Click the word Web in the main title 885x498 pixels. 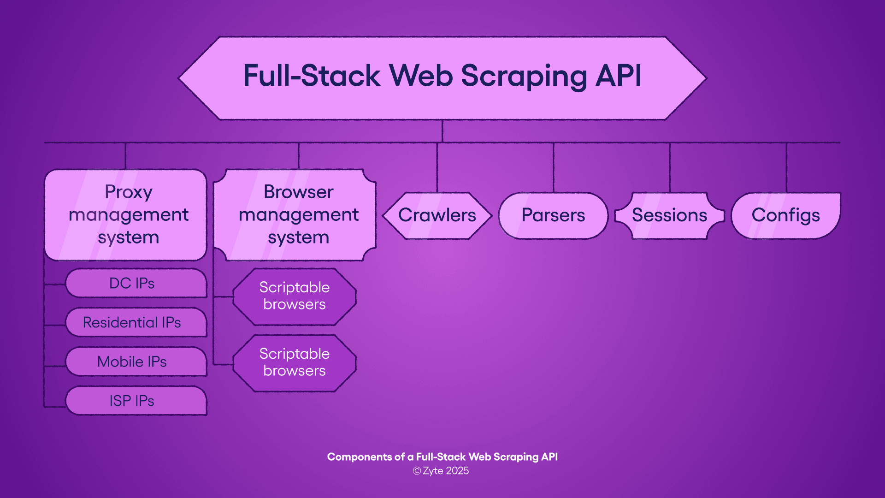(x=421, y=76)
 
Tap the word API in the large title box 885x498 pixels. (x=618, y=76)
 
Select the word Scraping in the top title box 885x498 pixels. (x=524, y=77)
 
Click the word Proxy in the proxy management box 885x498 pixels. (x=128, y=192)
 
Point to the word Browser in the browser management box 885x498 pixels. (x=298, y=192)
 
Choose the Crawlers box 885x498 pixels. (x=437, y=215)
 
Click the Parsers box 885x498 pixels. (x=553, y=215)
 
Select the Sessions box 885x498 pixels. (x=669, y=215)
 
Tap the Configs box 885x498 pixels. (x=785, y=215)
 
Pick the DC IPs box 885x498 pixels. (x=136, y=283)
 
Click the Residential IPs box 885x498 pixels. (x=136, y=322)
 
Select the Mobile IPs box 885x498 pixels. (x=136, y=362)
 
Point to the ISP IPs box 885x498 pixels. (x=136, y=401)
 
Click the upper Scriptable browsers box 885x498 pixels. (x=295, y=296)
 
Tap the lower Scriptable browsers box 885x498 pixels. (x=295, y=362)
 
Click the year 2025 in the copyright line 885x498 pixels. (x=457, y=471)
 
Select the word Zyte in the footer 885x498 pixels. (x=433, y=471)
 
